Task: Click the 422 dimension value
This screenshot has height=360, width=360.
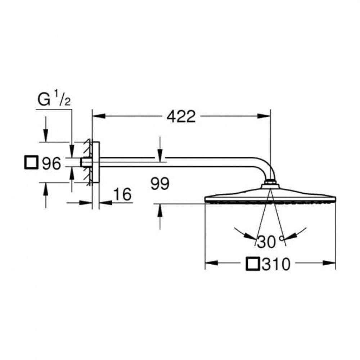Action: (181, 116)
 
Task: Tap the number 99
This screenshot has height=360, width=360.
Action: (160, 184)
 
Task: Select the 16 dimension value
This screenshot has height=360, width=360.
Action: (123, 194)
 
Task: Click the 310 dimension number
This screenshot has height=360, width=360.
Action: (276, 264)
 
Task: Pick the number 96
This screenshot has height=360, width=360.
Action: (51, 163)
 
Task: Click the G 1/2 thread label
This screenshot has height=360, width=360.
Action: (54, 99)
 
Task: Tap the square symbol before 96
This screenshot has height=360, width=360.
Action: (31, 162)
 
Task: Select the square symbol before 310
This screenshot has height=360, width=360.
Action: (253, 264)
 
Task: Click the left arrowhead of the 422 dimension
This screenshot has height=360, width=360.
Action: (99, 116)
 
